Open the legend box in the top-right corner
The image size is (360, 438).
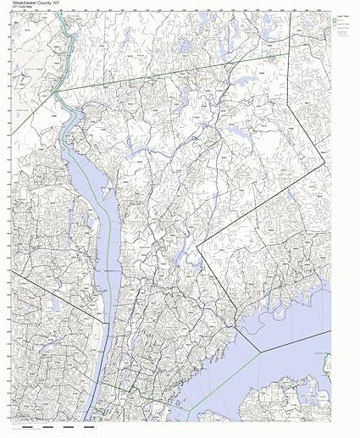coord(343,25)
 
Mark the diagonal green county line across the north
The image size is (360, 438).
coord(169,76)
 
